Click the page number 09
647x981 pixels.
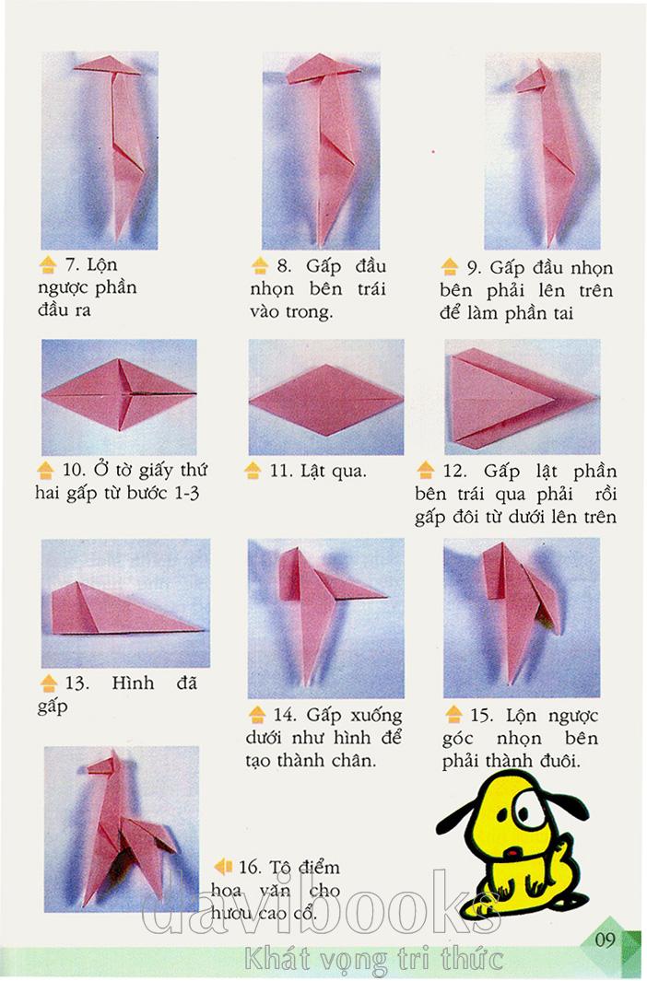point(606,940)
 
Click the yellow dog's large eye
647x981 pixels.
point(525,807)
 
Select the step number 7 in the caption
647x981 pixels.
point(71,265)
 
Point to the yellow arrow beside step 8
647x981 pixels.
point(260,266)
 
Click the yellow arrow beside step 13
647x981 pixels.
point(49,683)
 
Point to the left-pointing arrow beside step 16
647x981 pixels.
point(223,867)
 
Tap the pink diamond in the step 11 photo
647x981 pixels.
point(326,399)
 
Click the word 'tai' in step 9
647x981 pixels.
point(563,313)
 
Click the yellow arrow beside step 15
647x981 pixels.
point(453,714)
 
